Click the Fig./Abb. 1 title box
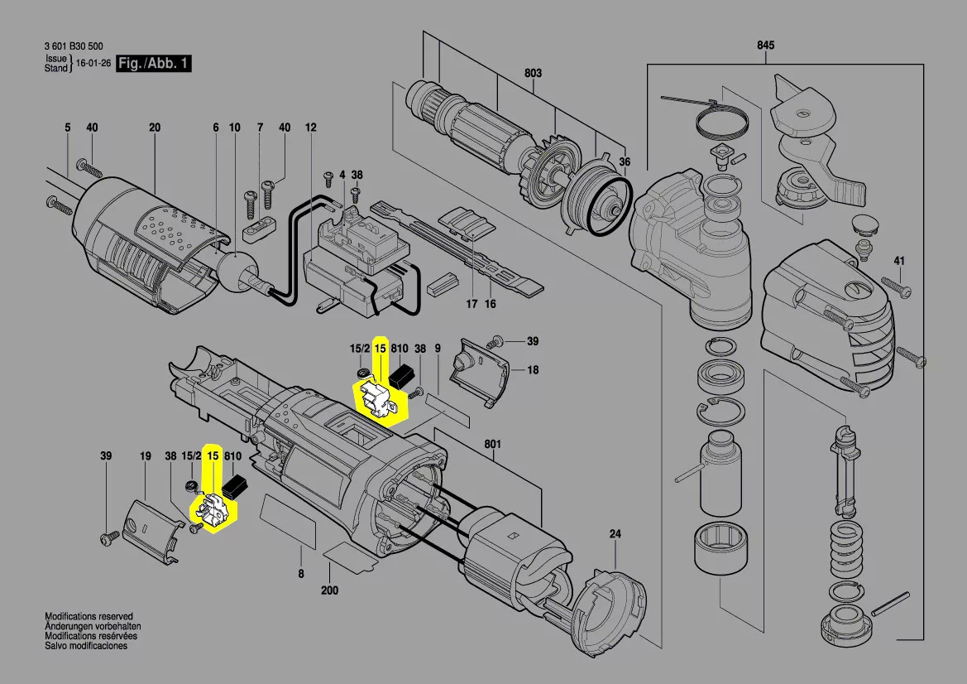153,64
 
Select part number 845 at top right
765,46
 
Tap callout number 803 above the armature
533,74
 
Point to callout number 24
615,534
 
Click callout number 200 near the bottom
329,590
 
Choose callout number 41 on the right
899,262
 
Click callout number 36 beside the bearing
625,162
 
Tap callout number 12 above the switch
311,128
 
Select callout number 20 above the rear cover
155,128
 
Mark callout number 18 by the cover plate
533,370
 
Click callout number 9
438,349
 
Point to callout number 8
301,573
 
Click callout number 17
471,304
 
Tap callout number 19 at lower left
146,456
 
